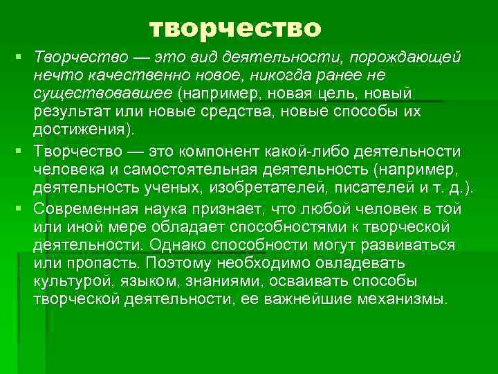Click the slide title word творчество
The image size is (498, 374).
point(235,28)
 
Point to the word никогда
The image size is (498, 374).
point(271,74)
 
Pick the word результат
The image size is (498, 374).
point(72,112)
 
